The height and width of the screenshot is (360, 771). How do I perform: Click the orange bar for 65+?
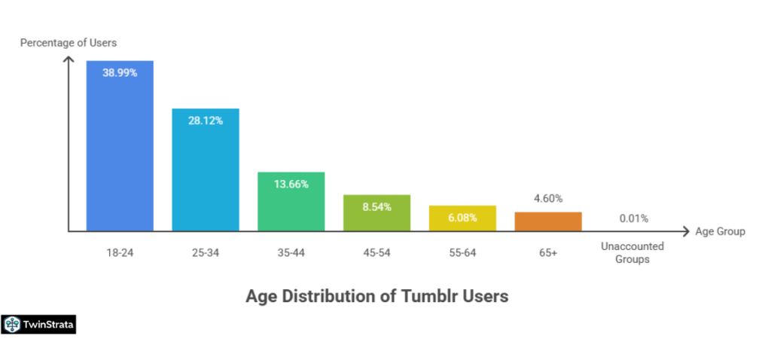click(548, 221)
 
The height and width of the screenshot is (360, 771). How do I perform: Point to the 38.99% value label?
click(120, 72)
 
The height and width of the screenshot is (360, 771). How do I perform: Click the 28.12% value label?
click(206, 121)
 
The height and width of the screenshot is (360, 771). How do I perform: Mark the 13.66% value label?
click(291, 184)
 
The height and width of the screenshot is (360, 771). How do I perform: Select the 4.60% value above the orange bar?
click(547, 199)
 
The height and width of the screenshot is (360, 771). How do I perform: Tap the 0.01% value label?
click(633, 219)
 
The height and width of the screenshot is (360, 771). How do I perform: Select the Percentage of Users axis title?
click(69, 42)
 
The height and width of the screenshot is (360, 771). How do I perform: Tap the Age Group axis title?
click(721, 231)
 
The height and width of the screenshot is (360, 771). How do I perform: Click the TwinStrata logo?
click(39, 325)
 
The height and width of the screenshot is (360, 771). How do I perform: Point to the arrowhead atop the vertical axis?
click(69, 60)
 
